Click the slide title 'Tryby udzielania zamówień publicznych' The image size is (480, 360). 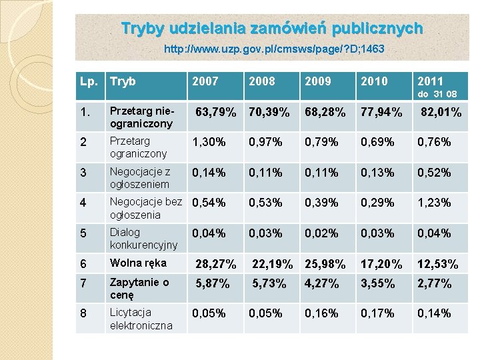pos(272,29)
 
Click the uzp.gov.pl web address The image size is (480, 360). pos(274,49)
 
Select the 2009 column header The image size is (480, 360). pos(317,81)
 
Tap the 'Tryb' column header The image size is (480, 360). pos(123,81)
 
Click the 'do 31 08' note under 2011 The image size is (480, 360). pos(437,94)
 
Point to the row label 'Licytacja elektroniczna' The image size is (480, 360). pos(141,319)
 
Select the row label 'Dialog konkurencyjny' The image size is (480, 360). pos(143,239)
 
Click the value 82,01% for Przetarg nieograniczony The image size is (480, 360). pos(441,112)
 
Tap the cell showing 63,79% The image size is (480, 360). pos(215,112)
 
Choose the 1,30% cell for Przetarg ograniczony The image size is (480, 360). pos(208,141)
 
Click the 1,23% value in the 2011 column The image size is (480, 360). pos(434,202)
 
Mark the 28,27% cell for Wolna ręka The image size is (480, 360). pos(215,264)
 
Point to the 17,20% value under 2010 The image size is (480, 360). pos(381,264)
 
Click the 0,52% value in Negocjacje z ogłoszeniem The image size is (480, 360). pos(434,172)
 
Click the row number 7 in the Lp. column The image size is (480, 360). pos(83,283)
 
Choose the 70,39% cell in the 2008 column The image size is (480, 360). pos(268,112)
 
